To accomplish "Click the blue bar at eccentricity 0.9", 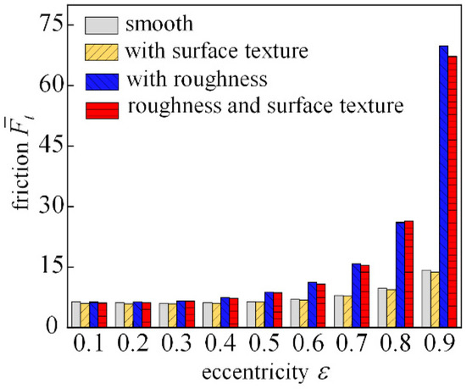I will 443,186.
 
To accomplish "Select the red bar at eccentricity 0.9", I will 452,192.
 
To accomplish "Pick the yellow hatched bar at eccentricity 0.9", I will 434,299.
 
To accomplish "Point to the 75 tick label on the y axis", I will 51,25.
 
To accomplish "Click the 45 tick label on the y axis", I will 51,146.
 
